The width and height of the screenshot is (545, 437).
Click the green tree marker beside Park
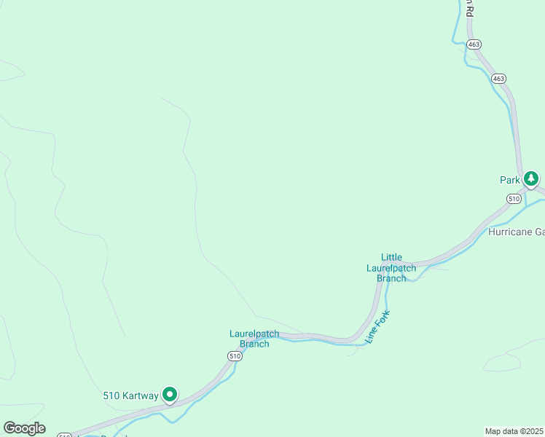tap(531, 178)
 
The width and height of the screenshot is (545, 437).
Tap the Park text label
tap(509, 180)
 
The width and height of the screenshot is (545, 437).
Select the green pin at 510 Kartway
tap(170, 395)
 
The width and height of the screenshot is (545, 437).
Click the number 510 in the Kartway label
tap(111, 396)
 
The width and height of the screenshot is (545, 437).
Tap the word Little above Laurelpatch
tap(391, 257)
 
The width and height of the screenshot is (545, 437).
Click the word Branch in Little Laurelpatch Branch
tap(391, 278)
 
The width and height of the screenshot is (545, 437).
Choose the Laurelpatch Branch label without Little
tap(249, 339)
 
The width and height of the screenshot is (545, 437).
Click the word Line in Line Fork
tap(371, 336)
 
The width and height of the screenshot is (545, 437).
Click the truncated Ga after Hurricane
tap(539, 232)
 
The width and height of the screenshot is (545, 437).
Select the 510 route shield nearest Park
tap(514, 198)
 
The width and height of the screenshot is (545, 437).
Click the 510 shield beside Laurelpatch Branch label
tap(234, 355)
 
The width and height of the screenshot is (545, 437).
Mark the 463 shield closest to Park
tap(498, 78)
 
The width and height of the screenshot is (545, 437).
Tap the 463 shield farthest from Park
tap(474, 44)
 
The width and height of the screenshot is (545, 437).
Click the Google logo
tap(24, 428)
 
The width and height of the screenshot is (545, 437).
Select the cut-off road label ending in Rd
tap(470, 8)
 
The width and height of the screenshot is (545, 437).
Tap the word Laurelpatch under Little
tap(391, 268)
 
